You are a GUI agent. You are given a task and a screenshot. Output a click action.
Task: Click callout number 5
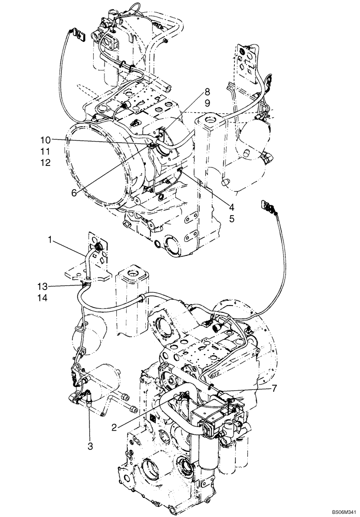[232, 218]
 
